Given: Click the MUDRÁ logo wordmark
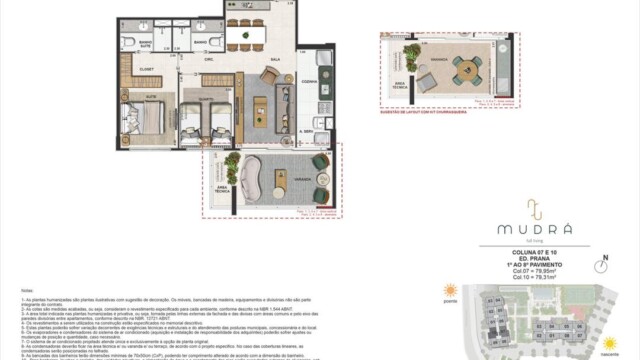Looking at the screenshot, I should coord(535,228).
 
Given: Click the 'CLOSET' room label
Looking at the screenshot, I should coord(145,70).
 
